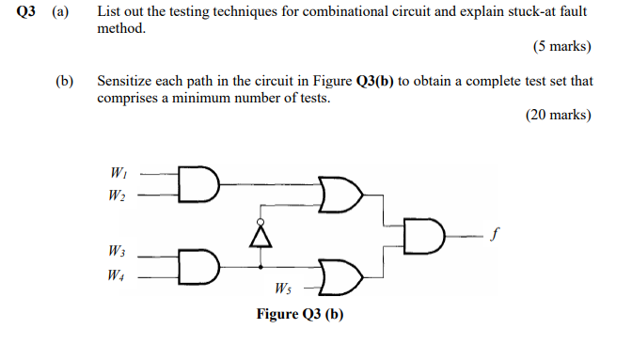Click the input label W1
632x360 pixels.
pyautogui.click(x=118, y=172)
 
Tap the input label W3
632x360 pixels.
pyautogui.click(x=118, y=253)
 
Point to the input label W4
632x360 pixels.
pyautogui.click(x=118, y=275)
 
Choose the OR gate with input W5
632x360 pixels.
pyautogui.click(x=341, y=275)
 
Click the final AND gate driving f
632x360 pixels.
pyautogui.click(x=424, y=235)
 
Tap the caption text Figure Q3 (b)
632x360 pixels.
pyautogui.click(x=300, y=314)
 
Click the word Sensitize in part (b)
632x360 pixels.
pyautogui.click(x=128, y=82)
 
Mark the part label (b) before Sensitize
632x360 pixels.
pyautogui.click(x=65, y=82)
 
